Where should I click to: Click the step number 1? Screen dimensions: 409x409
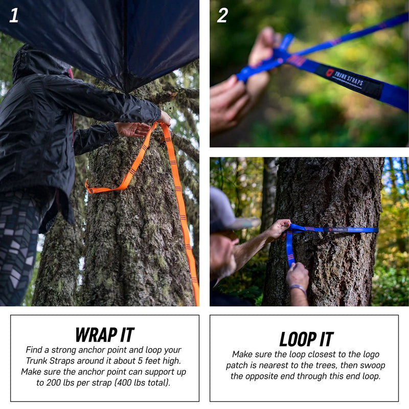14,15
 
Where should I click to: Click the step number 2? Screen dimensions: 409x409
222,15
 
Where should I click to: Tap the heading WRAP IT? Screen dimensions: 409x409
105,335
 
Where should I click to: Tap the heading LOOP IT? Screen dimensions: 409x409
306,339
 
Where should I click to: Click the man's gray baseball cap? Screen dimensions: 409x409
225,210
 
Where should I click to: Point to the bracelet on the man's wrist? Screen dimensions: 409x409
298,288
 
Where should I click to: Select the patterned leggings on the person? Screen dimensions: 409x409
18,245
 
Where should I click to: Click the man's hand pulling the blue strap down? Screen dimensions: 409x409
297,275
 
